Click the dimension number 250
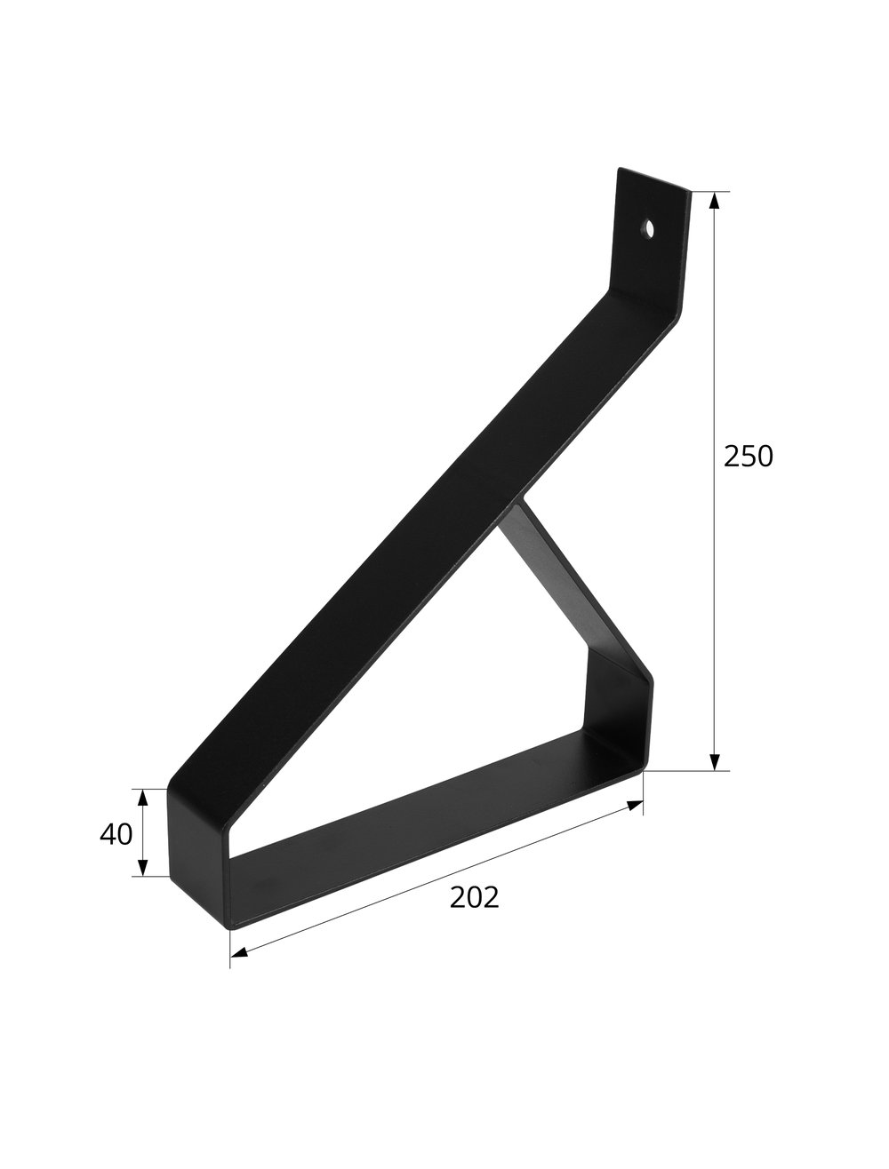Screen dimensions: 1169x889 (749, 456)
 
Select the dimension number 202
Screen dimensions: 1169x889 (474, 898)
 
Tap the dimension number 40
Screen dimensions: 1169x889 (116, 834)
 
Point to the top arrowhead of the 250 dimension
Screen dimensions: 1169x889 (713, 200)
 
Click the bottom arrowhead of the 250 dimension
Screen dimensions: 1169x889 (713, 761)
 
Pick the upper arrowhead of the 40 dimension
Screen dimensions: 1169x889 (143, 796)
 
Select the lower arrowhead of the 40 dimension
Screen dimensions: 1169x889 (143, 868)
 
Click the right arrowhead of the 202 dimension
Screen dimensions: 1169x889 (636, 805)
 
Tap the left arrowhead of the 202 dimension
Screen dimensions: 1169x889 (238, 953)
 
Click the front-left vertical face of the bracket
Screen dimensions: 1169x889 (198, 853)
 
